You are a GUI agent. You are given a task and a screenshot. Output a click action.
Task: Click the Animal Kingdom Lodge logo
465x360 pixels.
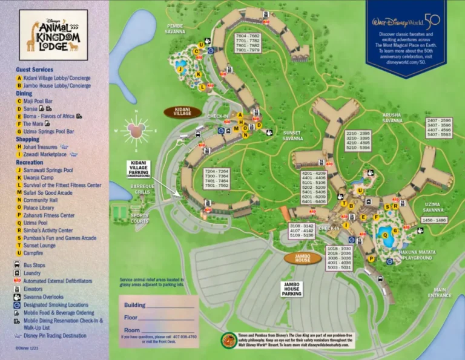tap(53, 35)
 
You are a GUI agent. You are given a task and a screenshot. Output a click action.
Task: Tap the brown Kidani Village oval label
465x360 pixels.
tap(182, 113)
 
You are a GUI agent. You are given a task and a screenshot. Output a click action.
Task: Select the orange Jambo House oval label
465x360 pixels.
tap(302, 258)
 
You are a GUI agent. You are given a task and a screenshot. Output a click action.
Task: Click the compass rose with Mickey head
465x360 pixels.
tap(135, 130)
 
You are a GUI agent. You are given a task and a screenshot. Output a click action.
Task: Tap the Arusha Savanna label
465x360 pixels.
tap(392, 117)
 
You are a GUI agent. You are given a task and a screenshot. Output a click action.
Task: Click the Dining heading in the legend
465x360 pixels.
tap(24, 94)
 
